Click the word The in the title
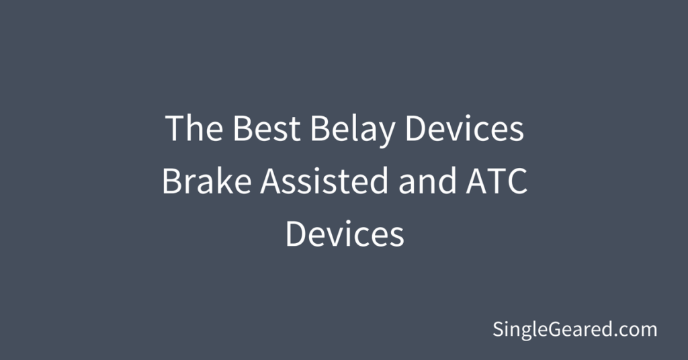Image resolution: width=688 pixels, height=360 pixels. pos(193,128)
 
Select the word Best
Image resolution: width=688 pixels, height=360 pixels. pos(266,128)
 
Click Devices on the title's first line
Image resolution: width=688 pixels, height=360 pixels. pos(465,128)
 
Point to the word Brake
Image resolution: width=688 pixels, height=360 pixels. pos(207,180)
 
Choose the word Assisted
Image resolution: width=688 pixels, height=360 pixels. pos(325,180)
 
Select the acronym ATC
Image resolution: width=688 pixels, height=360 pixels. pos(497,181)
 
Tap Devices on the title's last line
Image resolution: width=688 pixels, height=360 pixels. pos(345,233)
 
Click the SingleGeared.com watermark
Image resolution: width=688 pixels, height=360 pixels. pos(575,330)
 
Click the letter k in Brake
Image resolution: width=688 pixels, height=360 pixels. pos(220,180)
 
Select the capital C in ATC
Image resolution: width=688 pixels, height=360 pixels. pos(517,181)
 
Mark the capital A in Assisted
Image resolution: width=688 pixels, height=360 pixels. pos(271,181)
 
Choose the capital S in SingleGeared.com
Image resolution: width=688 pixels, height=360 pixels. pos(499,329)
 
